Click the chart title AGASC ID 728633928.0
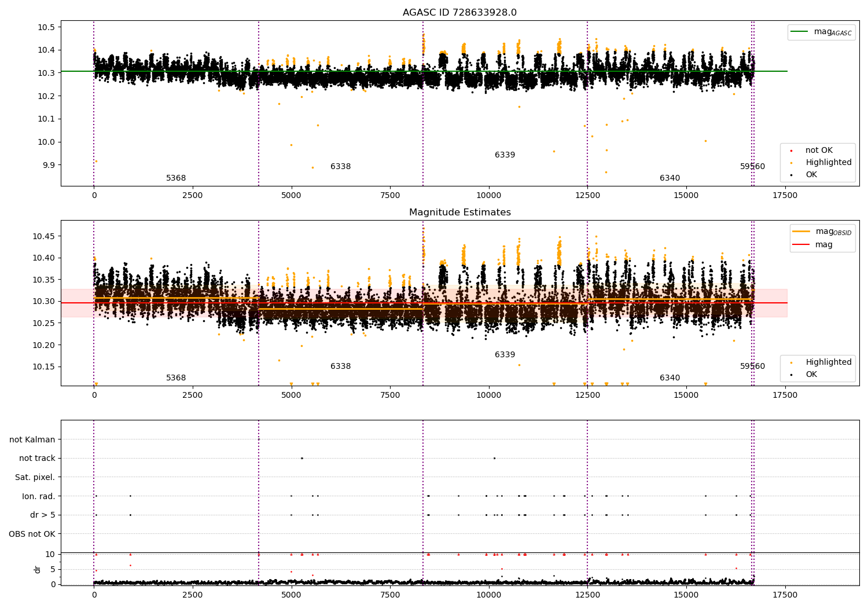(459, 13)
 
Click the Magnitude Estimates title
(459, 213)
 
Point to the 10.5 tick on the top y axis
(46, 27)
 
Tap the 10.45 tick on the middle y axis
(44, 236)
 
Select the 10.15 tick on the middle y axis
(44, 367)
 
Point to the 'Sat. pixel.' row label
(35, 477)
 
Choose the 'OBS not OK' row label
(32, 534)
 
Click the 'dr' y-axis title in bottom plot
(38, 569)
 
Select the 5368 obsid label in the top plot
(176, 178)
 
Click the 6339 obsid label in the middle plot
(505, 355)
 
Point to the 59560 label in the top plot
(752, 167)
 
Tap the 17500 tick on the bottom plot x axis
(785, 595)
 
